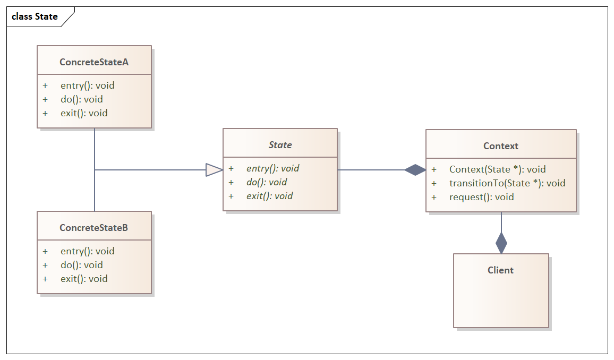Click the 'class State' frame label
tap(35, 16)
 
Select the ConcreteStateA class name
tap(94, 62)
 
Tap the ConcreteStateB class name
tap(94, 228)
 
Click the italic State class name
tap(280, 145)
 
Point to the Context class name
tap(500, 146)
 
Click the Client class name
tap(500, 270)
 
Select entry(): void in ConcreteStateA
tap(87, 85)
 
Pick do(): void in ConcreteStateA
tap(81, 99)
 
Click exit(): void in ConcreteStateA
tap(84, 113)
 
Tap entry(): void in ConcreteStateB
tap(87, 251)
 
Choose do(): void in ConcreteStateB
tap(81, 265)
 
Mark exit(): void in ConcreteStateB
tap(84, 279)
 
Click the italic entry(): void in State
tap(272, 168)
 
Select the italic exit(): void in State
tap(269, 196)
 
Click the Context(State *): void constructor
tap(497, 169)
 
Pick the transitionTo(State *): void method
tap(507, 183)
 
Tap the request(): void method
tap(481, 197)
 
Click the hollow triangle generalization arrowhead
tap(214, 170)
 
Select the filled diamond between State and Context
tap(415, 170)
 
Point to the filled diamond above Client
tap(501, 243)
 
